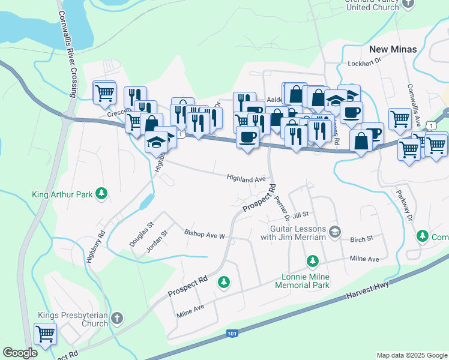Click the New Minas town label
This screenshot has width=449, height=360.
coord(393,49)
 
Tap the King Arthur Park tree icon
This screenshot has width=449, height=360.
coord(102,193)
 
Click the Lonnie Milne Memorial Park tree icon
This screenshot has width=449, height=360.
coord(312,260)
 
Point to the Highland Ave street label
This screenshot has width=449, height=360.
coord(246,178)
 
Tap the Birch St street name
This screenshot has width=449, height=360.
coord(362,238)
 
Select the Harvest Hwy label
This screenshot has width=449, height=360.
coord(367,292)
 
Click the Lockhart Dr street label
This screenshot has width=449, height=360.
coord(364,63)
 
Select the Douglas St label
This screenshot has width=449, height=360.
coord(142,235)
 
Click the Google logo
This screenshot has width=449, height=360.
coord(20,353)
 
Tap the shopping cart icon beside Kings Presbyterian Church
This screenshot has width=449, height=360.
coord(45,333)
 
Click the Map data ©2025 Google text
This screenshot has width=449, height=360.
coord(411,355)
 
